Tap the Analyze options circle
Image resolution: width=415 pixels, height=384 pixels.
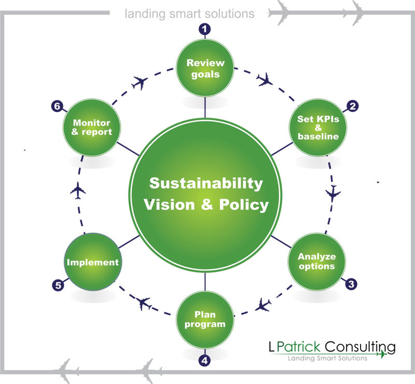pos(316,261)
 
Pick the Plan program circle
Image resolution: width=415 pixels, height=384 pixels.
pos(205,320)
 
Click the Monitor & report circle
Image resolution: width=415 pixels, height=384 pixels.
pos(92,128)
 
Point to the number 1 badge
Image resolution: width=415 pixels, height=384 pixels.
pos(206,30)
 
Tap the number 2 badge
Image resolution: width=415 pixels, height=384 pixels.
pos(352,107)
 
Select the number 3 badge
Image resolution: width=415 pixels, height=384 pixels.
pos(351,284)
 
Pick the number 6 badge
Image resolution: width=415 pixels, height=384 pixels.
pos(57,107)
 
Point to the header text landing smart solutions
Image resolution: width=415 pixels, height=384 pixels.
pos(189,13)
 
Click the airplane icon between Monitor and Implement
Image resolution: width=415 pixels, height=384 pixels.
pos(78,190)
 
